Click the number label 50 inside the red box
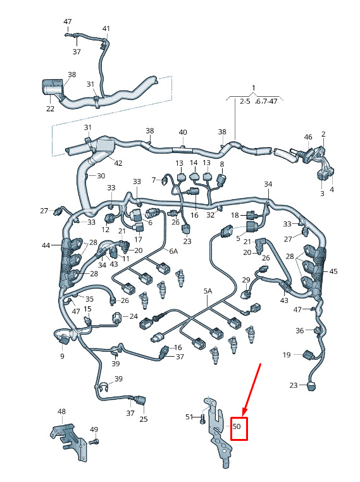(237, 426)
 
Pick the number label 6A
(174, 251)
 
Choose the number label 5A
(208, 291)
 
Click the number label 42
(118, 163)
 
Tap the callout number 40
(183, 132)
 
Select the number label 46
(308, 137)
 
